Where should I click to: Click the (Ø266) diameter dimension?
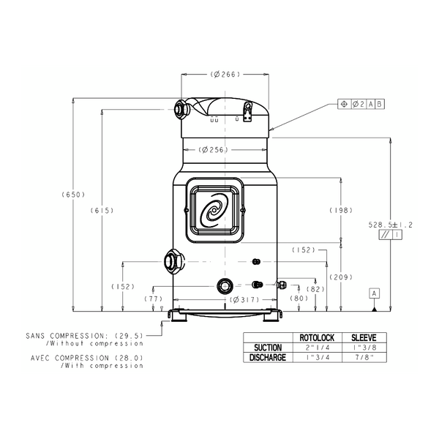tap(225, 74)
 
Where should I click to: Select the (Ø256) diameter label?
tap(214, 150)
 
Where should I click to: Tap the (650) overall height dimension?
tap(73, 195)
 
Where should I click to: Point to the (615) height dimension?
tap(102, 210)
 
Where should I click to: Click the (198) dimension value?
tap(341, 210)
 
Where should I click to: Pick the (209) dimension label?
tap(341, 277)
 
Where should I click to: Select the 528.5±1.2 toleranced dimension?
tap(390, 225)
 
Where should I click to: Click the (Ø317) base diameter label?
tap(244, 300)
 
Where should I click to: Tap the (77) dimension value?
tap(154, 299)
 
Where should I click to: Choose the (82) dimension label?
tap(315, 289)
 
